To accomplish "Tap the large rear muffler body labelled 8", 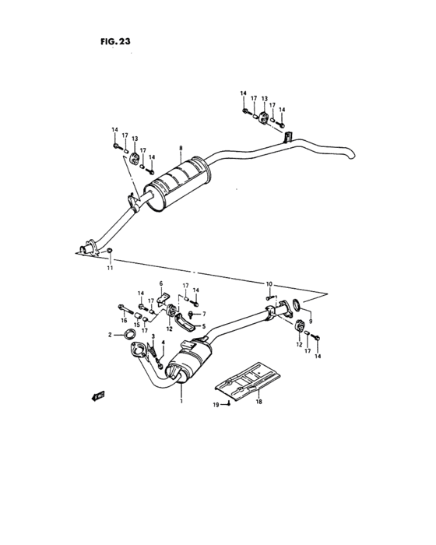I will tap(178, 184).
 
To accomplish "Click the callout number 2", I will tap(111, 335).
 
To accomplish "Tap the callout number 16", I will tap(123, 320).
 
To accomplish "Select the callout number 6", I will tap(160, 283).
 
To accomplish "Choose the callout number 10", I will tap(269, 283).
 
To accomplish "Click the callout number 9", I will tap(310, 322).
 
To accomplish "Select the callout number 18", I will tap(258, 402).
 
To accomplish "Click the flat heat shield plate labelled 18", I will tap(249, 382).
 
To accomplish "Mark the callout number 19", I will tap(215, 404).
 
